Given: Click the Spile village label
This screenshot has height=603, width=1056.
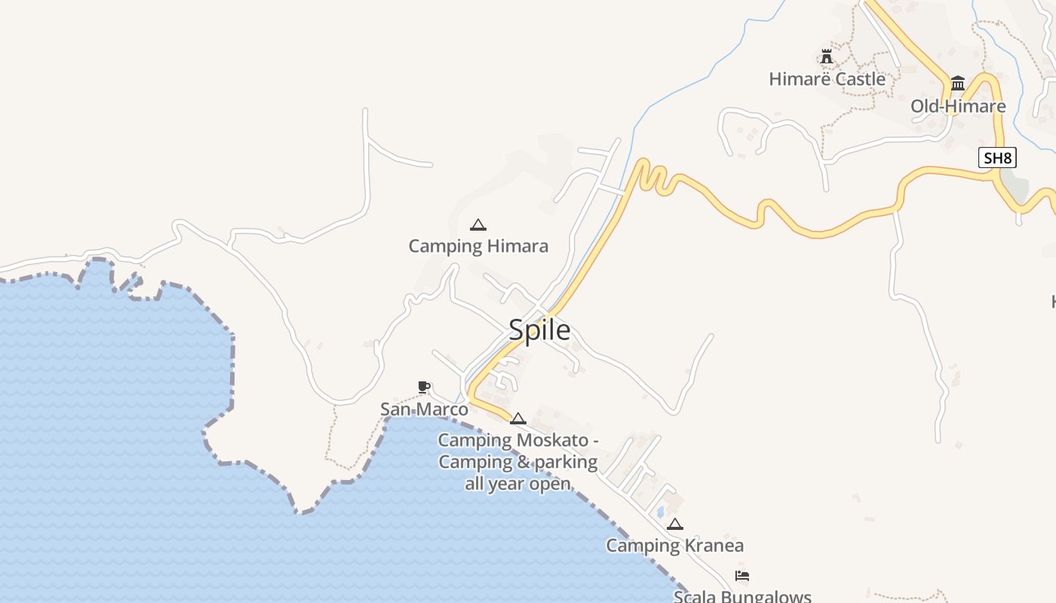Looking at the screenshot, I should (539, 330).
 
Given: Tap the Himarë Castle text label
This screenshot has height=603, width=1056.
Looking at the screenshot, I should (827, 78).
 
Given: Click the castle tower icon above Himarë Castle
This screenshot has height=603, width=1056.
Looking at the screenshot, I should (827, 57).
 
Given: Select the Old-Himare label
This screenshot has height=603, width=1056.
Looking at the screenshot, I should (958, 106).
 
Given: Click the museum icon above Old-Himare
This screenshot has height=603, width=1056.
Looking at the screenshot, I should (958, 83).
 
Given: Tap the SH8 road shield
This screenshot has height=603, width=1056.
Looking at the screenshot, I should (997, 158).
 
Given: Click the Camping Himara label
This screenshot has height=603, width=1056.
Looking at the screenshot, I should (478, 246).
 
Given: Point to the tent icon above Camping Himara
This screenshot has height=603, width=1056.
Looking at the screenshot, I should (477, 225).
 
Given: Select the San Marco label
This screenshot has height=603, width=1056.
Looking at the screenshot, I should (424, 409).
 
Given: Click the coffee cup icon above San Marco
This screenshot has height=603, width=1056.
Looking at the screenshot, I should (424, 387).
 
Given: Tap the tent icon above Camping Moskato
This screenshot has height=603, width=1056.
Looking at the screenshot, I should (518, 418).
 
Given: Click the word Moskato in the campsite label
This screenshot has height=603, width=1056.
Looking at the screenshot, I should (552, 439).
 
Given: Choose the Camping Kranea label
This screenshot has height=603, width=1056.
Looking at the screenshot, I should (675, 545).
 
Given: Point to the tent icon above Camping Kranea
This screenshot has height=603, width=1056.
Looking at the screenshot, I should (675, 524).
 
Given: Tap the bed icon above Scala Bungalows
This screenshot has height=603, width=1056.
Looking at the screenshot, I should (742, 577).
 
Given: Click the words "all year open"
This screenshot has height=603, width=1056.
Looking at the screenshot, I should (517, 484).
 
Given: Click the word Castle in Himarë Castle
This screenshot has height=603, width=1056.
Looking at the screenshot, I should (859, 78).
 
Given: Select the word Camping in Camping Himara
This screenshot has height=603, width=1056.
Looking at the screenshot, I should (445, 246).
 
